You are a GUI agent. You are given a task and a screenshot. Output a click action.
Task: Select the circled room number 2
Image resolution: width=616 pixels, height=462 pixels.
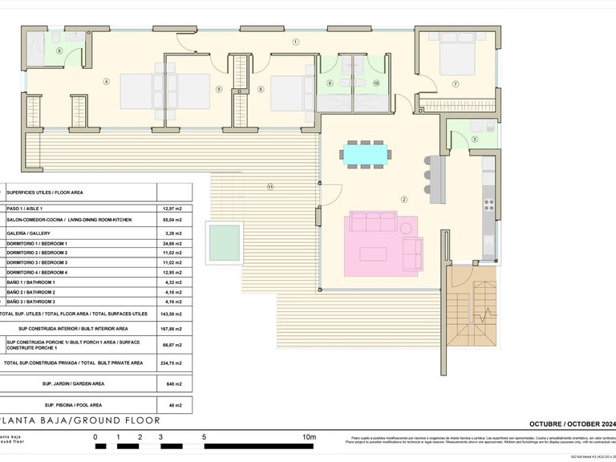click(403, 200)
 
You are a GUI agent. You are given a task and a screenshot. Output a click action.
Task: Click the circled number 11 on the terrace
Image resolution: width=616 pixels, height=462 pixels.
click(270, 187)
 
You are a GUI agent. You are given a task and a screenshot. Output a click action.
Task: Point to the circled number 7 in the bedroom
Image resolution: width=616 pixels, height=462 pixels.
click(455, 83)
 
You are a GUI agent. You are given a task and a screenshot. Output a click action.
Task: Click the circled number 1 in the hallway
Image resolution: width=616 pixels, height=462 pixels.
click(295, 42)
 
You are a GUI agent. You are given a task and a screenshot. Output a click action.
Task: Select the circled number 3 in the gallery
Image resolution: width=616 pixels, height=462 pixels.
click(474, 140)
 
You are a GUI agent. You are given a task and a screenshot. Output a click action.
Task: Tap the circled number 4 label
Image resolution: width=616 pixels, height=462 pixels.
click(106, 81)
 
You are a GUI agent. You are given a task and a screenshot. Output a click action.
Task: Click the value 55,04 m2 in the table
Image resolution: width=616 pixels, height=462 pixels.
click(174, 219)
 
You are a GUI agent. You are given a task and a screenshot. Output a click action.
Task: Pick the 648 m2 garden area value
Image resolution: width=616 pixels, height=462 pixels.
click(174, 383)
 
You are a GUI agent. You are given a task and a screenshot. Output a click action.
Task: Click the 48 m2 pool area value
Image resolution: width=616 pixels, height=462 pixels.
click(174, 405)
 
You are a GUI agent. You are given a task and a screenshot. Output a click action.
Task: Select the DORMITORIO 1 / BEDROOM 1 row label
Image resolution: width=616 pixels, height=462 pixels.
click(38, 243)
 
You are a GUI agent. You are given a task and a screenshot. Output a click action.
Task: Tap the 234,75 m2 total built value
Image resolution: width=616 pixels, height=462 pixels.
click(174, 363)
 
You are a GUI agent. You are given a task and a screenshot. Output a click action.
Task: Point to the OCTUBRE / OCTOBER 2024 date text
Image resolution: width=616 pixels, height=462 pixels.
click(570, 423)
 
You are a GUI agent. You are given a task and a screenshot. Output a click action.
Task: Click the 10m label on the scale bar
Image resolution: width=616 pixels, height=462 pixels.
click(308, 437)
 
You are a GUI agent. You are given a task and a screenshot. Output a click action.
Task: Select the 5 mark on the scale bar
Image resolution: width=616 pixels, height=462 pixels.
click(205, 437)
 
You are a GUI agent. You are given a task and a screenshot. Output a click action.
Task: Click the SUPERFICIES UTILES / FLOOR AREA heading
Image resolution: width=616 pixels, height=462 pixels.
click(47, 192)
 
